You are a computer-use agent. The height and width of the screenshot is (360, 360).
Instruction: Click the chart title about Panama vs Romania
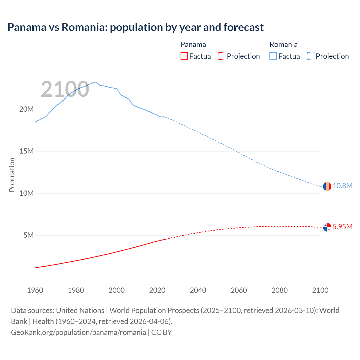135,27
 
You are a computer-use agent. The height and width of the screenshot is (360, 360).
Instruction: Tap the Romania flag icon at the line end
327,186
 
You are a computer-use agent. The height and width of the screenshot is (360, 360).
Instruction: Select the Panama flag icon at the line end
327,227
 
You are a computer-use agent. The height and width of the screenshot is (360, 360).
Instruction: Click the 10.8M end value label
342,186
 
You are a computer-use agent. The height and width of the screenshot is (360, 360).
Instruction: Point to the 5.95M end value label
342,227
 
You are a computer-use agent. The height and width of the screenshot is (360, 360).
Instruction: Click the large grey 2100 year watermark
65,89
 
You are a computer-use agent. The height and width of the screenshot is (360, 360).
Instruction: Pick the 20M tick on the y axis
26,109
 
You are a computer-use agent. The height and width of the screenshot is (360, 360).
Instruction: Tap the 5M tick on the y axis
28,235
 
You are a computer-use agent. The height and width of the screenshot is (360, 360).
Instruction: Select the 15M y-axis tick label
26,151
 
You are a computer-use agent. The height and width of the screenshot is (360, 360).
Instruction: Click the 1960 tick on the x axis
35,290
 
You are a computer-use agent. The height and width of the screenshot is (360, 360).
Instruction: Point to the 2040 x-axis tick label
198,290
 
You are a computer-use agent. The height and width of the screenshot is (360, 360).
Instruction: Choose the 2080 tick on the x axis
280,290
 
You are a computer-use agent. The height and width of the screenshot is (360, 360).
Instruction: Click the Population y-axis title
12,175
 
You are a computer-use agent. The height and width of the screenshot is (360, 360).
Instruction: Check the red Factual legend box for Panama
184,56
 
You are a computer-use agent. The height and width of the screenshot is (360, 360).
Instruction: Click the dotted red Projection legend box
222,56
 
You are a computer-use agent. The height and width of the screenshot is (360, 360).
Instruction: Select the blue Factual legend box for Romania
273,56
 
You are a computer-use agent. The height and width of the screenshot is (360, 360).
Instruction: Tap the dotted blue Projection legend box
311,56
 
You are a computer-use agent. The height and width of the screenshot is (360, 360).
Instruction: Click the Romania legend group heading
283,44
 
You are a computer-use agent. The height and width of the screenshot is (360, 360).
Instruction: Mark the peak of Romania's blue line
96,82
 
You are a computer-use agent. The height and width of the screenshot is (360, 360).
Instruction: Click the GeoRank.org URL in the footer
78,332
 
